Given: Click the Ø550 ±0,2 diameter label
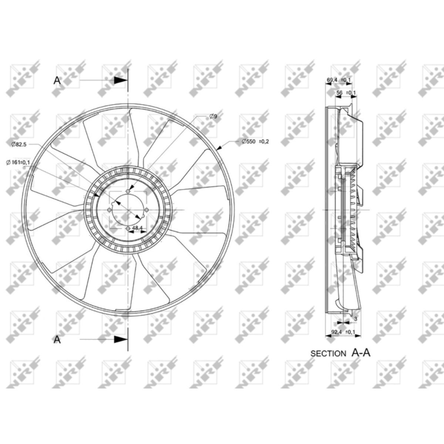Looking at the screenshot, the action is point(255,141).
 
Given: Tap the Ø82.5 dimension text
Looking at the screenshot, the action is point(19,144).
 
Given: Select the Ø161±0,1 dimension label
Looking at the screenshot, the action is point(18,162).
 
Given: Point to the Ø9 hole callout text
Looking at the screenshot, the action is point(213,116).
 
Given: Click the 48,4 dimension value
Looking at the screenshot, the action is point(138,228).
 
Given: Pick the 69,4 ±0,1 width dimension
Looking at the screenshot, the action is point(339,80).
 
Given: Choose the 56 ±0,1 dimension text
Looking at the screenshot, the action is point(346,92).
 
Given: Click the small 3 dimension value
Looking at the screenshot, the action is point(356,319).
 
